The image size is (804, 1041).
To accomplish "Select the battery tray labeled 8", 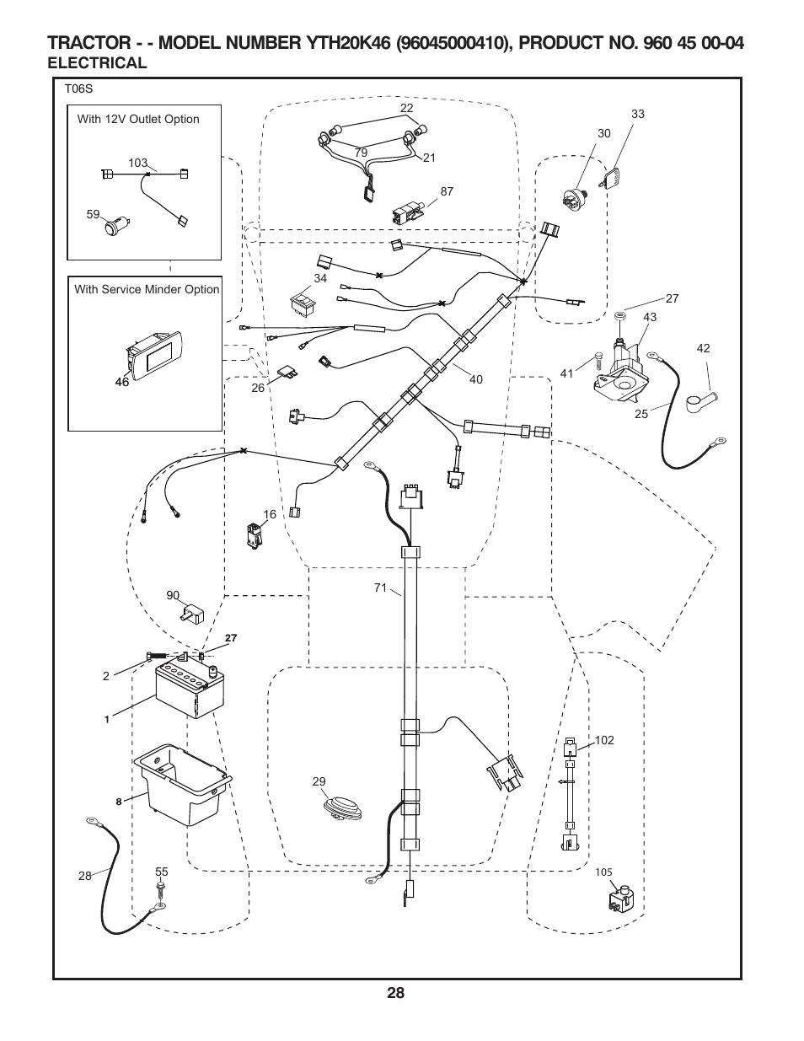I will pos(183,785).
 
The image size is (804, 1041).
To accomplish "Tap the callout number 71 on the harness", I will pos(380,588).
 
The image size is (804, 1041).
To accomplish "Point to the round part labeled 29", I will pos(342,806).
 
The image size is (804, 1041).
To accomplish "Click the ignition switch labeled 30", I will pos(575,200).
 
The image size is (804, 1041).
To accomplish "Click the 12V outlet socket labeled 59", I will pos(115,226).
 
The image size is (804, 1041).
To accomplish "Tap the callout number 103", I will pos(137,163).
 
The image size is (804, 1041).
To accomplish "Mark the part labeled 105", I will pos(620,899).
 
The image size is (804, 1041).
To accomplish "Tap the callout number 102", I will pos(604,740).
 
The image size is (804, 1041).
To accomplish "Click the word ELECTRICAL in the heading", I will pos(98,62).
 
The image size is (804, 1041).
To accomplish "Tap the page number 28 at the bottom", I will pos(397,993).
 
